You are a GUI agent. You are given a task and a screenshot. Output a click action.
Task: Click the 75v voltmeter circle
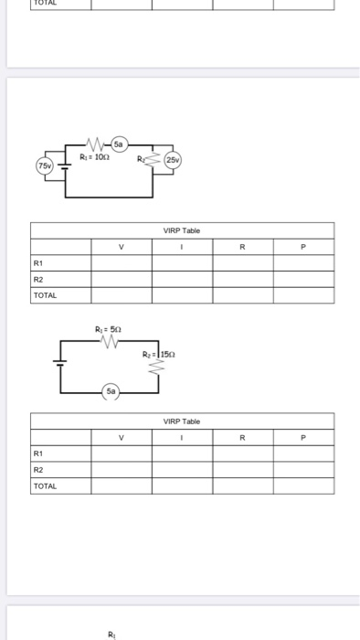tap(43, 165)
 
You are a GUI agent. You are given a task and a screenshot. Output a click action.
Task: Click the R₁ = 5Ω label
tap(106, 328)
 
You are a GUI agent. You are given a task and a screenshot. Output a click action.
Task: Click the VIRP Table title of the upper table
tap(182, 231)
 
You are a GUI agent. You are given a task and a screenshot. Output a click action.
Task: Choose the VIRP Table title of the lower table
tap(182, 421)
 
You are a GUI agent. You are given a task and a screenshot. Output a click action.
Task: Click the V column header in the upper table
tap(121, 246)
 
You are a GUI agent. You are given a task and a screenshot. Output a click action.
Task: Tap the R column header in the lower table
tap(242, 437)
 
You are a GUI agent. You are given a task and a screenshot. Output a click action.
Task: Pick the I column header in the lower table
tap(182, 437)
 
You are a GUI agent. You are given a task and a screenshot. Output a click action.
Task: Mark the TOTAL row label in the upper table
tap(45, 295)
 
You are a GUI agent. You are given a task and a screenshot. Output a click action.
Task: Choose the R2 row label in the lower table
tap(38, 469)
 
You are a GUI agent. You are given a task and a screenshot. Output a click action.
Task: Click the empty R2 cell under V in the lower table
tap(121, 469)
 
